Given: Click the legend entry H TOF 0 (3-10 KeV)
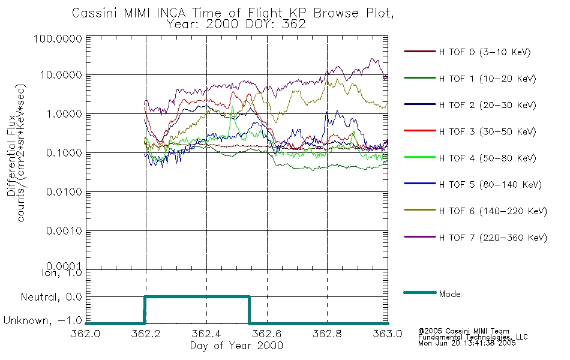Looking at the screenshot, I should tap(485, 52).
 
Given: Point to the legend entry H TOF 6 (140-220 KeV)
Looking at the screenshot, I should tap(493, 211).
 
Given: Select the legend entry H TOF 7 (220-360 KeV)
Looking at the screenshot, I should tap(493, 238).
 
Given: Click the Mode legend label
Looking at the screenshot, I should tap(449, 294).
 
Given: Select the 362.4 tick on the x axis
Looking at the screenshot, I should tap(206, 334).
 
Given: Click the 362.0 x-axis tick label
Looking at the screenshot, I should tap(86, 334).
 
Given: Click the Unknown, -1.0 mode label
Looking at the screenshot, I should tap(43, 321).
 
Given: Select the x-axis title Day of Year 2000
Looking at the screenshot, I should tap(236, 346).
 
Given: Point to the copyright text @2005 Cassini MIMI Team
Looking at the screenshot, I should tap(463, 331).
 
